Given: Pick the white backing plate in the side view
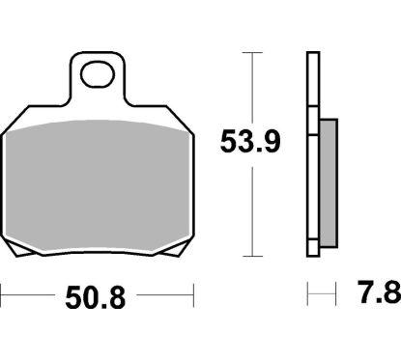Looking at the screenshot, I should coord(312,154).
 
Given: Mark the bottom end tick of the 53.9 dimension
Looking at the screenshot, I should coord(252,257).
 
